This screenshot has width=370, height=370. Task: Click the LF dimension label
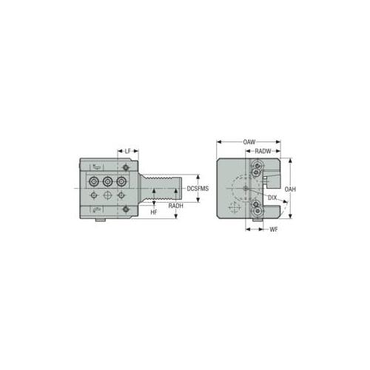coord(127,151)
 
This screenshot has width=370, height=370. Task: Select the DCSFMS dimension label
coord(198,189)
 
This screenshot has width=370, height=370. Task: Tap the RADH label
coord(176,206)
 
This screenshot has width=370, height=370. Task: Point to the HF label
coord(154,212)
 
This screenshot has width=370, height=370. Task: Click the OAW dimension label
coord(249,142)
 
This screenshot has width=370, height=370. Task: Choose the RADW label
coord(263,151)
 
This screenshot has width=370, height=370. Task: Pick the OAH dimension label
coord(290,189)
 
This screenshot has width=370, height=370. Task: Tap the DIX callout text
coord(272,198)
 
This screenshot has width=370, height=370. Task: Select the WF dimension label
coord(274,229)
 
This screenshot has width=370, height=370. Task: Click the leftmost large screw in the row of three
coord(94,182)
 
